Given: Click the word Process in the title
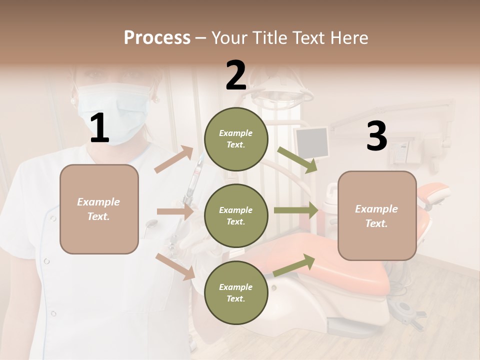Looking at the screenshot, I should coord(157,37).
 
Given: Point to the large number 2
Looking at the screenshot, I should coord(236,75).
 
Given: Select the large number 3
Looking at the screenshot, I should coord(376,136).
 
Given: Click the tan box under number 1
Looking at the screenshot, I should coord(99,209).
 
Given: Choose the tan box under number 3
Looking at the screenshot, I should coord(377,215).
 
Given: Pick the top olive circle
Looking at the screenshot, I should coord(236,138).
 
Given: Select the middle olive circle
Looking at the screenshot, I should coord(236,215).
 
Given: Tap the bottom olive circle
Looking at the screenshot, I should coord(236,292).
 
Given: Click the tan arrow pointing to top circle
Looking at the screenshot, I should coord(174,159).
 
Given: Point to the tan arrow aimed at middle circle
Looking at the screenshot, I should coord(174,212).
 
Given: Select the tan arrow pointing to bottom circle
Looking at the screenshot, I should coord(175,266).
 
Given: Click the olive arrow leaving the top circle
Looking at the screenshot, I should coord(297,159).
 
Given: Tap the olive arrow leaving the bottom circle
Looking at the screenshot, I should coord(294,265).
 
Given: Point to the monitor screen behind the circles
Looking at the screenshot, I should coord(312,141).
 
